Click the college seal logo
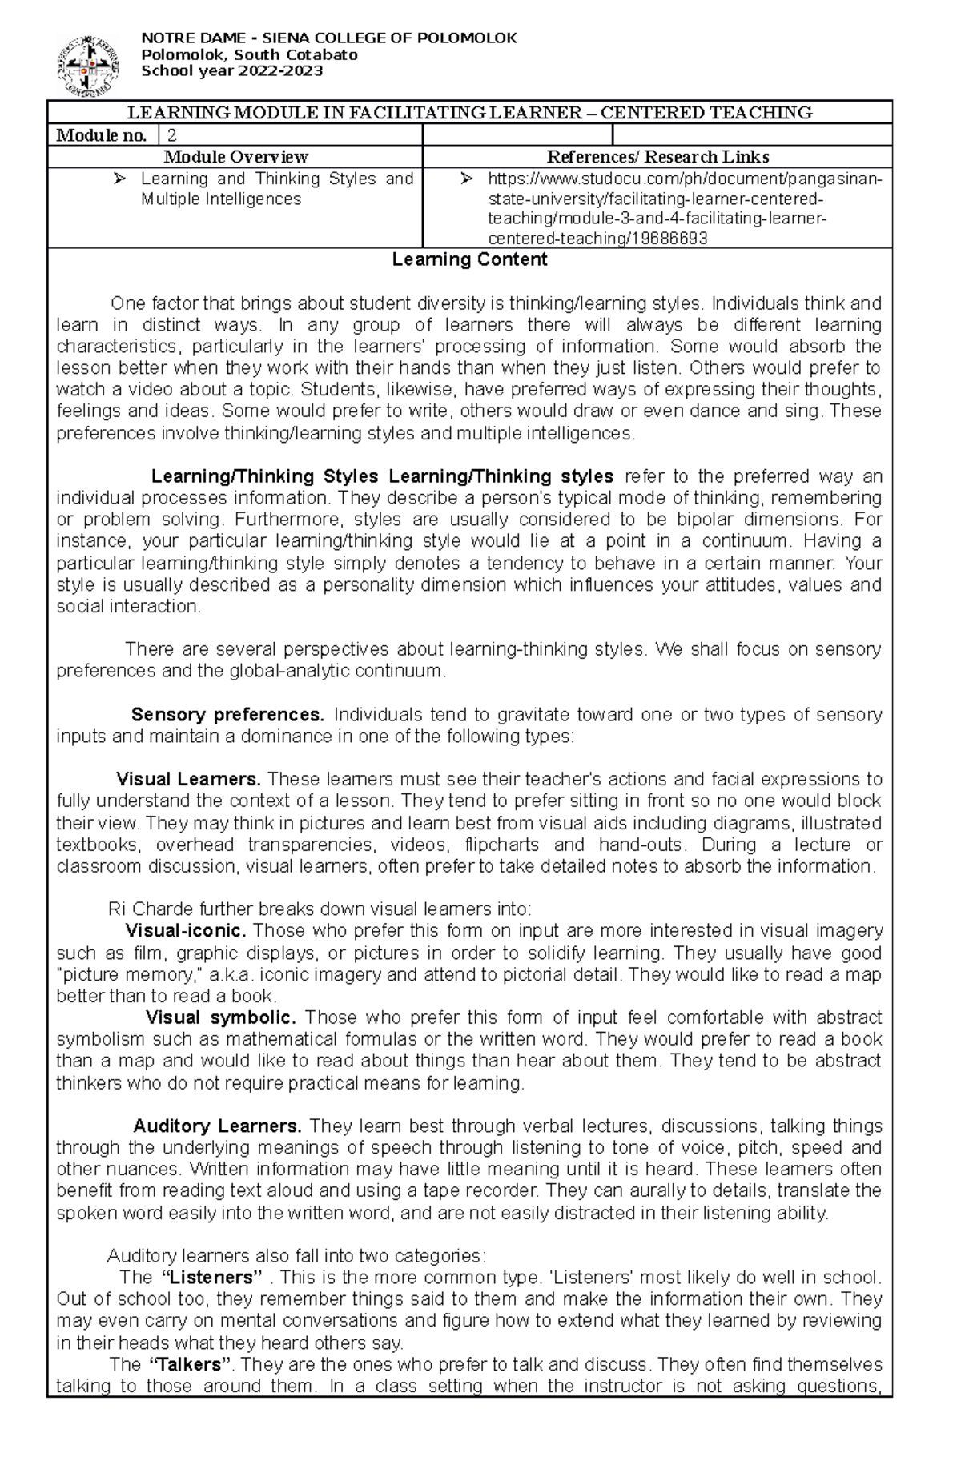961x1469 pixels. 88,65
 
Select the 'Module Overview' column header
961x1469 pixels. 235,157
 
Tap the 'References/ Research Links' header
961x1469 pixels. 657,157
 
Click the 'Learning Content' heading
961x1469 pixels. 469,259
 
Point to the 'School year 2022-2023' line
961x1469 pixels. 231,71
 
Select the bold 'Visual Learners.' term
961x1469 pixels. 189,779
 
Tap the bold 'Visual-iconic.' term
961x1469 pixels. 186,931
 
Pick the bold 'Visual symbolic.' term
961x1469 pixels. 221,1017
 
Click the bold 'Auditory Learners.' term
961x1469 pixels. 217,1126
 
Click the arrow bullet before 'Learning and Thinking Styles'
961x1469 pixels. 120,179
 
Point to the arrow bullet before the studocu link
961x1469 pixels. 468,179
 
